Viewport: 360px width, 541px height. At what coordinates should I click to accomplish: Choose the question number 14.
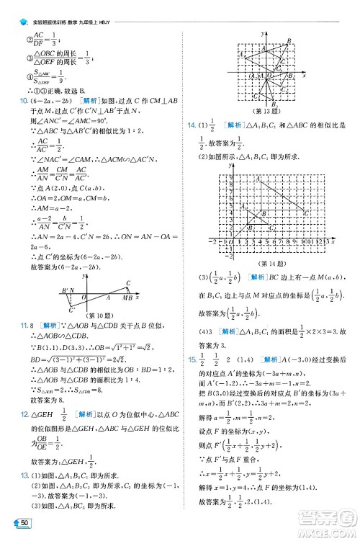[192, 125]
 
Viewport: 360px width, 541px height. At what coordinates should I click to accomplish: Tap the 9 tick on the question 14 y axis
[211, 165]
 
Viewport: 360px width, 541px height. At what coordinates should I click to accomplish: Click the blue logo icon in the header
[6, 6]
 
